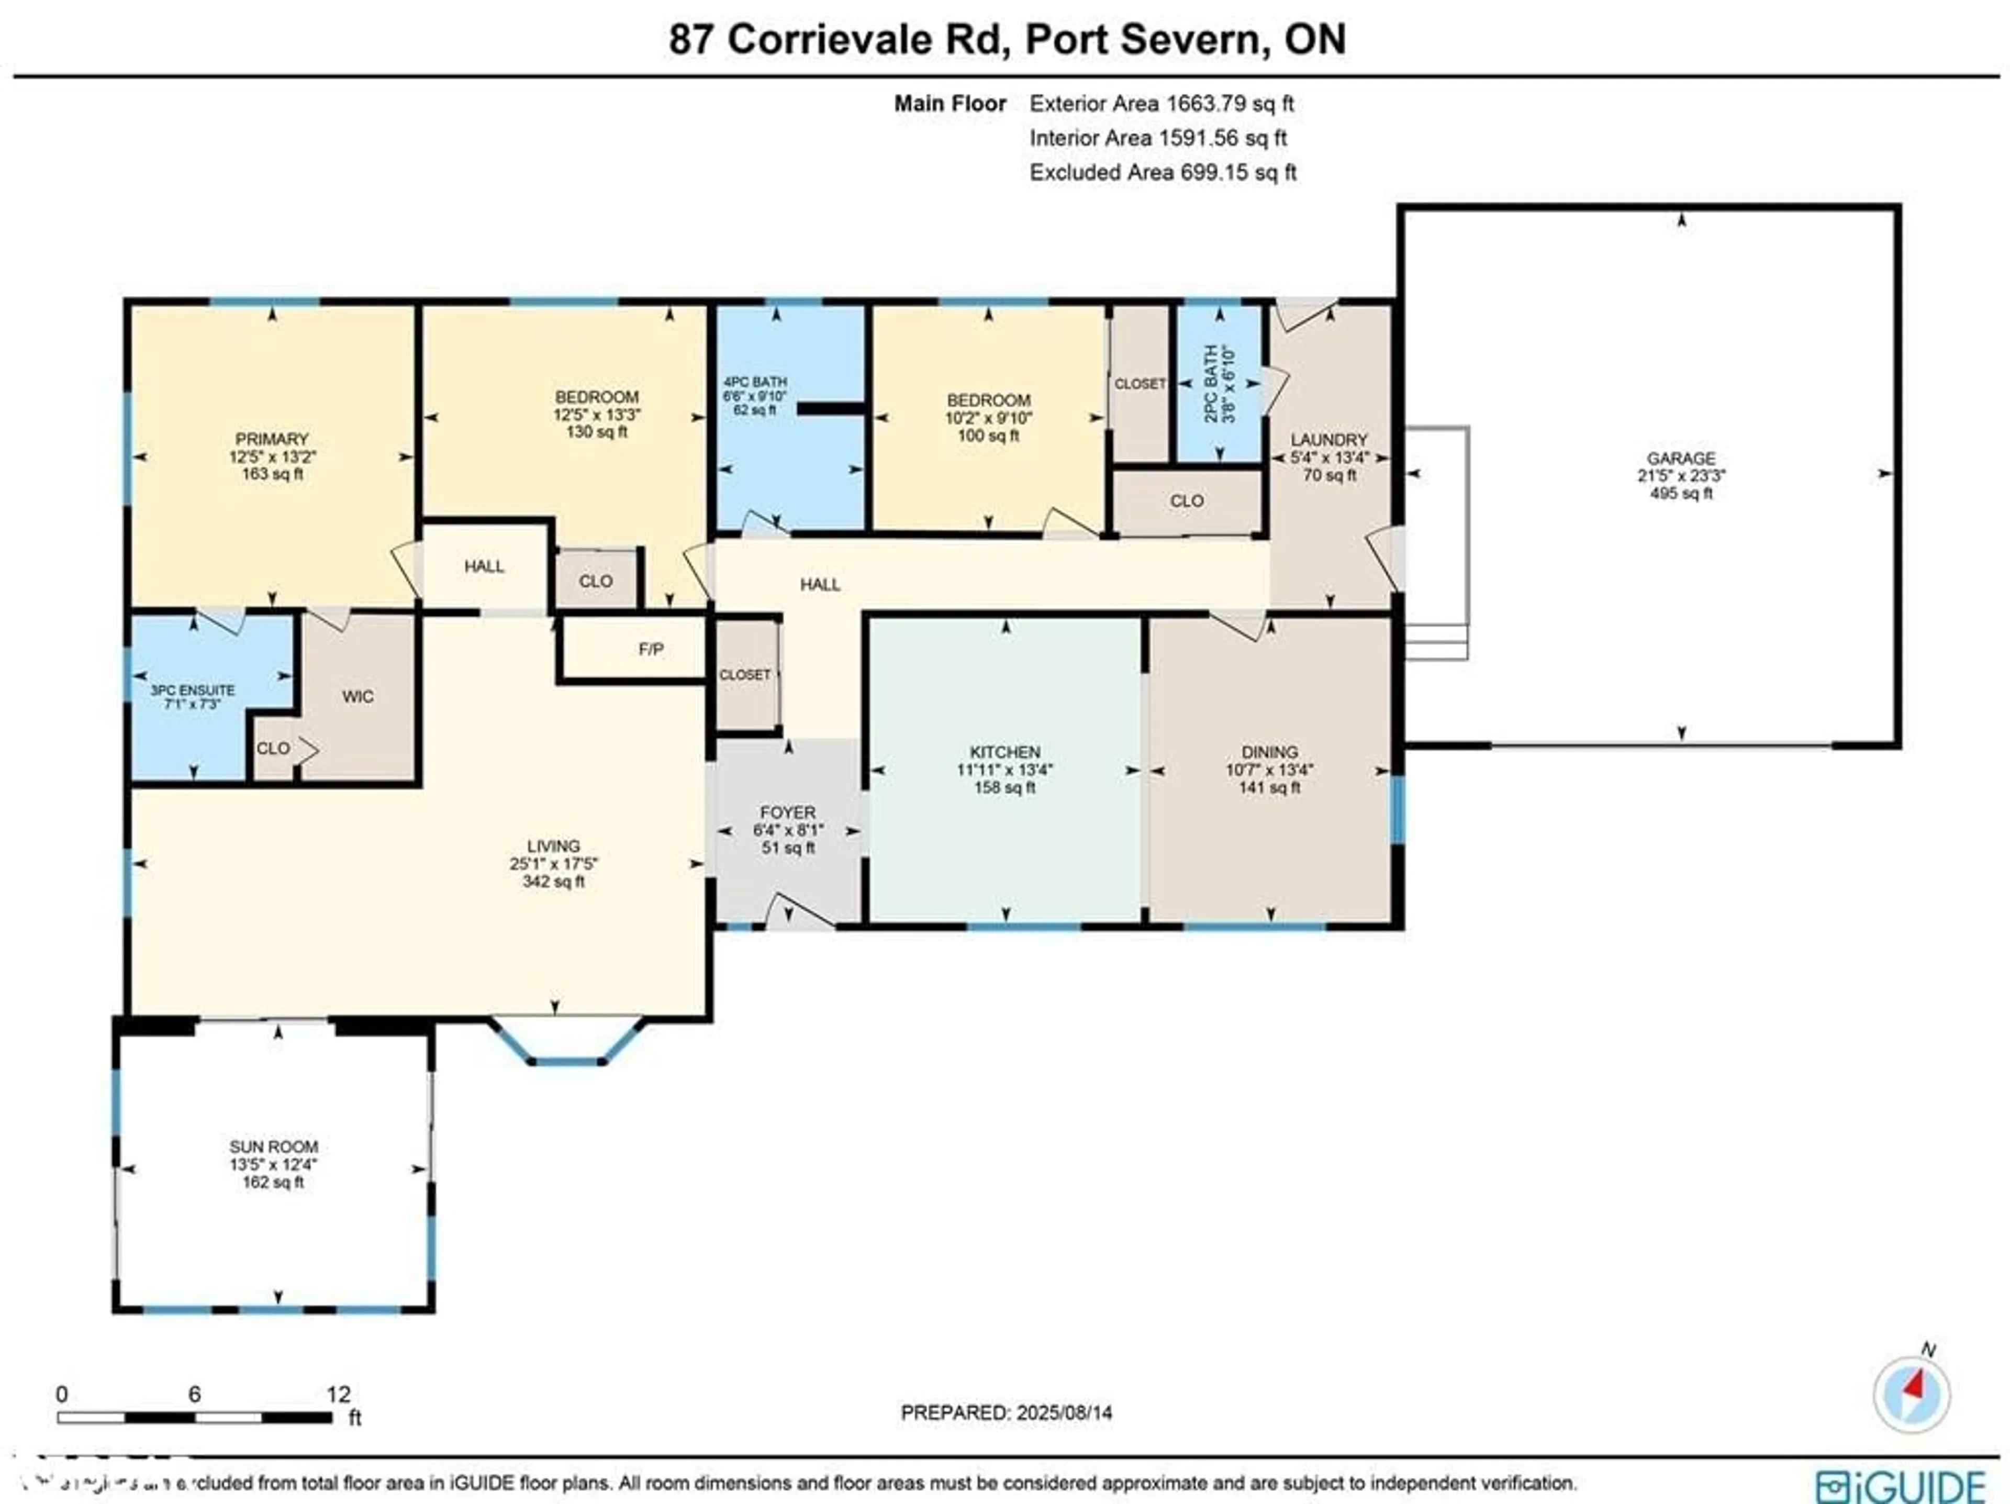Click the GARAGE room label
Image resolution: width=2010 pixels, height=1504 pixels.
point(1681,458)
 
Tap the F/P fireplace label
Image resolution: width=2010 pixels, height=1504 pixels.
point(651,649)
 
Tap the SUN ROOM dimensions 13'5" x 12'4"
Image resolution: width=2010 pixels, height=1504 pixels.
point(274,1164)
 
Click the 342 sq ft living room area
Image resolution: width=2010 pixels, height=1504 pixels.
point(553,882)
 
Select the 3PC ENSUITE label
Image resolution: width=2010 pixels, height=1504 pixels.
point(193,690)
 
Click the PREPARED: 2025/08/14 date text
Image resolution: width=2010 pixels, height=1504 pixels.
point(1006,1412)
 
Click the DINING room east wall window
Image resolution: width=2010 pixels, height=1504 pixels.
point(1399,809)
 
